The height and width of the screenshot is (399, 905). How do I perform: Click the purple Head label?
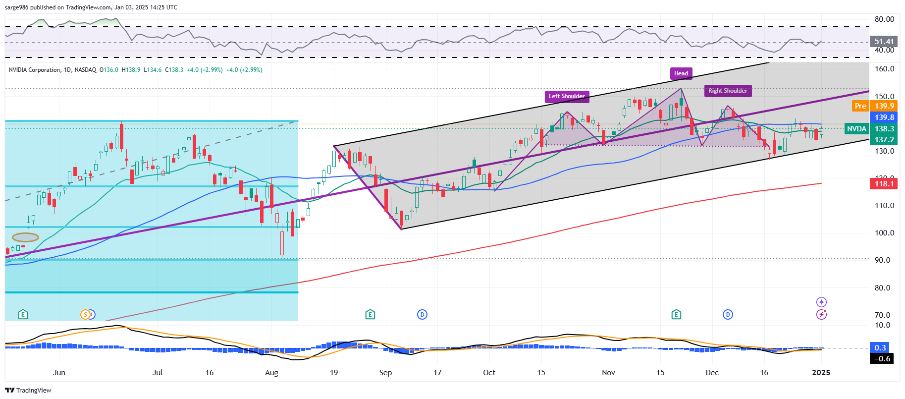pos(681,73)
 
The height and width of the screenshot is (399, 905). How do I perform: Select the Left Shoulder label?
pos(567,96)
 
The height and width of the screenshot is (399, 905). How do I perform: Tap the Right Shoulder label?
pos(728,91)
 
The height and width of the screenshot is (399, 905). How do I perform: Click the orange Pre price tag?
pos(860,106)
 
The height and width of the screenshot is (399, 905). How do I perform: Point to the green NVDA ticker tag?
pos(856,129)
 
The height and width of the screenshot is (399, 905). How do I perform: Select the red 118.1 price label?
pos(884,184)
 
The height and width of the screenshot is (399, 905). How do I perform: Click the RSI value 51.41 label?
pos(884,42)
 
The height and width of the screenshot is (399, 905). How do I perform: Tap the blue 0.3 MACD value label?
pos(880,348)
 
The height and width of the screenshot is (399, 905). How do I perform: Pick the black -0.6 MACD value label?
pos(882,358)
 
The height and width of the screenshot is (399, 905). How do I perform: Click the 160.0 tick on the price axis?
pos(884,69)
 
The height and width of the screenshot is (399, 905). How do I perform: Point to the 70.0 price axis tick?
pos(882,315)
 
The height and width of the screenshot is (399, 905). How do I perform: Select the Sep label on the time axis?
pos(385,373)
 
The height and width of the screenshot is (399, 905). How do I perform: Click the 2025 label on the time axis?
pos(821,373)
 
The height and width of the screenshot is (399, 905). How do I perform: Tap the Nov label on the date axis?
pos(608,373)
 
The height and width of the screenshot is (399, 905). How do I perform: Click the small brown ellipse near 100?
pos(25,237)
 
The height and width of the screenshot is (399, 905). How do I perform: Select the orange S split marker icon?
pos(86,314)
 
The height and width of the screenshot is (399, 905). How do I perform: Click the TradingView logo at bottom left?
pos(28,390)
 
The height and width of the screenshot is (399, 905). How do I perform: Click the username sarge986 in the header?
pos(16,7)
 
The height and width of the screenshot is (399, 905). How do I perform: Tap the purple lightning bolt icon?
pos(821,314)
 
